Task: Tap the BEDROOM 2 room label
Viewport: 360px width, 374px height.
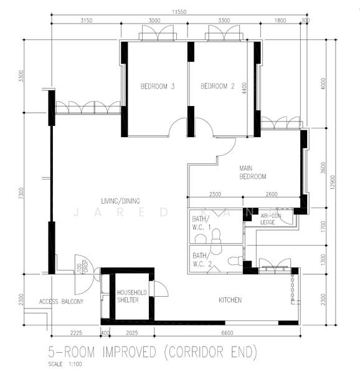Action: [217, 87]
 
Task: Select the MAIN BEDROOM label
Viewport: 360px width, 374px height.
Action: [253, 172]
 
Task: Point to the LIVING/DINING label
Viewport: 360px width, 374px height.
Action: [121, 200]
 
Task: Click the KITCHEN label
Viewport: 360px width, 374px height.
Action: [230, 300]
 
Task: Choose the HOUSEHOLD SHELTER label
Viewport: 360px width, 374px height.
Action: [132, 296]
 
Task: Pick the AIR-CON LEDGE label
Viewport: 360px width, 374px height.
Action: [271, 219]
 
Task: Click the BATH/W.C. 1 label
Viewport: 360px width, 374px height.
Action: [201, 223]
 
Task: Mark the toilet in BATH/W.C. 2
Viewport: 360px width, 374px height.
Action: [234, 261]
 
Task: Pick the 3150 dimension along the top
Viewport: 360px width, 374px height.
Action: [86, 21]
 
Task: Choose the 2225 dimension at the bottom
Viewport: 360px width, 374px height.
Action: [75, 333]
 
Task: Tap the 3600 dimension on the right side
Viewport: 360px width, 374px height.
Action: [323, 168]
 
